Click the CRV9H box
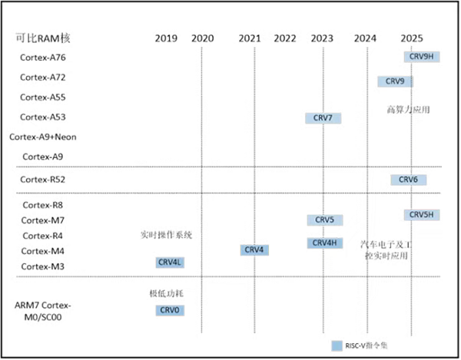pyautogui.click(x=421, y=57)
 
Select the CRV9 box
pyautogui.click(x=395, y=81)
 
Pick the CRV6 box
pyautogui.click(x=408, y=180)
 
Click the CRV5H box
pyautogui.click(x=422, y=215)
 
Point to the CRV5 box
pyautogui.click(x=324, y=220)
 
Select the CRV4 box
pyautogui.click(x=254, y=250)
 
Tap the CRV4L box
pyautogui.click(x=169, y=263)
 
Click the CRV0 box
pyautogui.click(x=169, y=310)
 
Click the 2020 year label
pyautogui.click(x=202, y=38)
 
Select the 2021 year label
pyautogui.click(x=250, y=38)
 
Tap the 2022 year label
pyautogui.click(x=284, y=38)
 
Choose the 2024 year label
pyautogui.click(x=366, y=38)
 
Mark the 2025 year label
pyautogui.click(x=412, y=38)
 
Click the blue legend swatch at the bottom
pyautogui.click(x=336, y=345)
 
